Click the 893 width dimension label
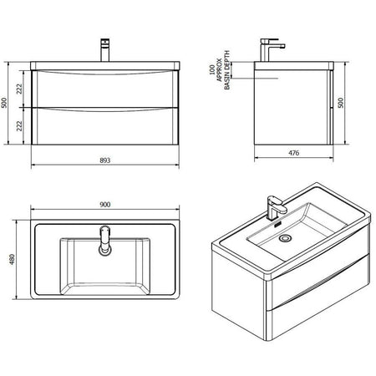click(x=105, y=160)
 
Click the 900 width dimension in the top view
click(x=105, y=205)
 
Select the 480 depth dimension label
click(x=13, y=259)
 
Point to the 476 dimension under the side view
click(x=293, y=153)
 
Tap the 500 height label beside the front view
click(x=4, y=103)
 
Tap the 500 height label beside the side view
click(x=340, y=103)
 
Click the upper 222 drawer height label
click(x=19, y=89)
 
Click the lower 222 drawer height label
click(x=19, y=126)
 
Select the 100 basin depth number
click(x=212, y=69)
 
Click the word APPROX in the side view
click(x=220, y=70)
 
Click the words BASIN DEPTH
click(x=227, y=70)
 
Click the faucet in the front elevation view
click(x=105, y=50)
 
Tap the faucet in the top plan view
click(x=105, y=241)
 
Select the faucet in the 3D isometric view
click(x=276, y=208)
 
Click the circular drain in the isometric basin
click(x=286, y=238)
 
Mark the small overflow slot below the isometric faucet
click(x=277, y=225)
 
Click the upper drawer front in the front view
click(x=104, y=89)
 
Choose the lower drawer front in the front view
click(x=104, y=126)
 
